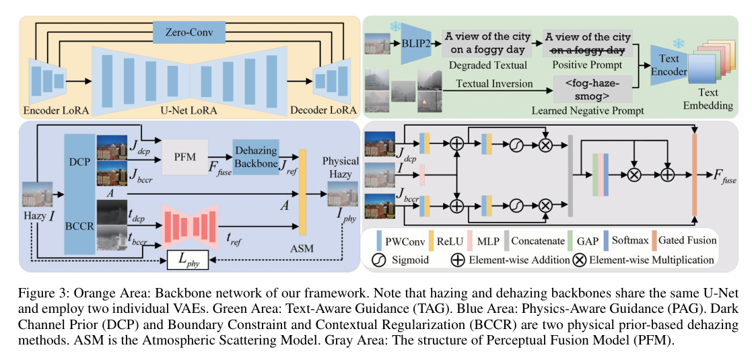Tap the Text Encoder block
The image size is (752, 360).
(669, 65)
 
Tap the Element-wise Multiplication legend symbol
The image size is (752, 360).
(578, 260)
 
